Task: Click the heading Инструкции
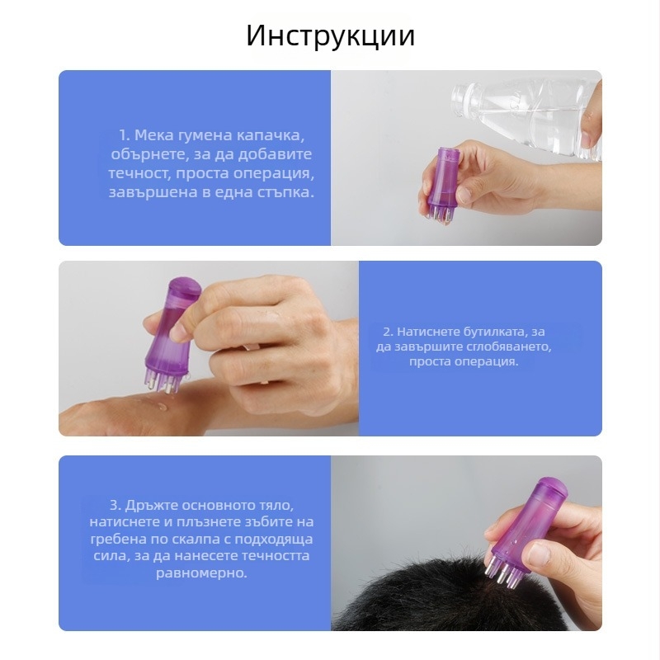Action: click(x=331, y=35)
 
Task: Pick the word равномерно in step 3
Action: click(x=201, y=573)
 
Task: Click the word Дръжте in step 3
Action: click(x=148, y=505)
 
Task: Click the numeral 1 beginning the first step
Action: click(x=123, y=135)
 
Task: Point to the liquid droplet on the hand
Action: click(x=161, y=407)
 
